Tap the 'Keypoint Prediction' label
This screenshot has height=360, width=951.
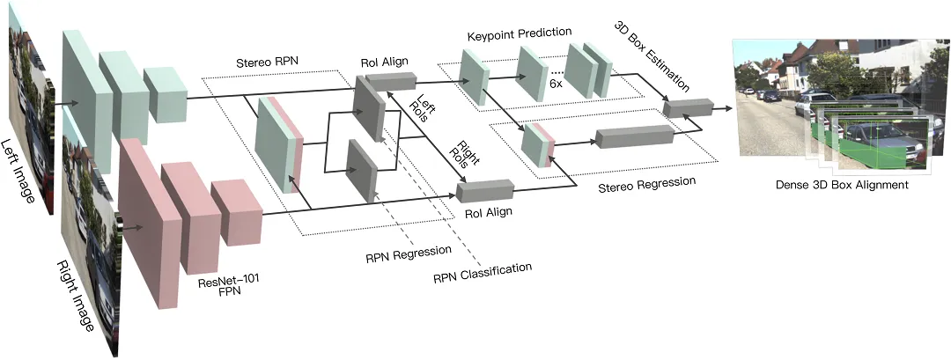(x=520, y=33)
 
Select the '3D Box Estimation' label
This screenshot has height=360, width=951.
(x=652, y=55)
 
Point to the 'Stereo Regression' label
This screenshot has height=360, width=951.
(x=646, y=185)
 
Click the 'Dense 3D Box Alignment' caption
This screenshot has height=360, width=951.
(x=842, y=185)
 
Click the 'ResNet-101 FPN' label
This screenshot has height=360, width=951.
(x=225, y=286)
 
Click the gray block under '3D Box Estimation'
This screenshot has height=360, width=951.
(x=687, y=108)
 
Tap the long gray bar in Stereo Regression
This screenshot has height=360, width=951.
(x=634, y=136)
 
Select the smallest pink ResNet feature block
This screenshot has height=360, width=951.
(x=236, y=212)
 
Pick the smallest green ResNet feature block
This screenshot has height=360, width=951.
(x=165, y=94)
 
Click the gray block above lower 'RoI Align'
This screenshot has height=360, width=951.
(x=485, y=190)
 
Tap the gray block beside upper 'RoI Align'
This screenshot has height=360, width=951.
(x=391, y=81)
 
